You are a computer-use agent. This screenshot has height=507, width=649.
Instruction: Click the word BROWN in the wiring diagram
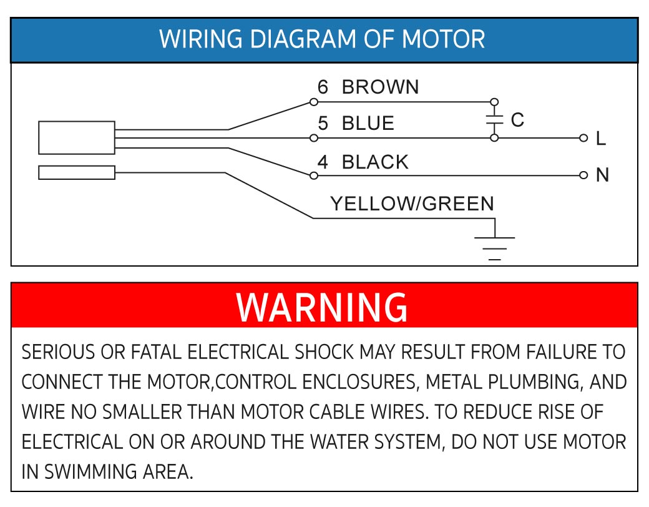[x=380, y=87]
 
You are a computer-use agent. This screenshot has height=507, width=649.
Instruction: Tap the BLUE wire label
[x=368, y=124]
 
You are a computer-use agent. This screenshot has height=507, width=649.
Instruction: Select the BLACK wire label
[x=375, y=162]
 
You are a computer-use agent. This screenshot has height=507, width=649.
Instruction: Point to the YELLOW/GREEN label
[x=412, y=204]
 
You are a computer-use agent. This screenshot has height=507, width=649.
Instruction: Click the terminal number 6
[x=323, y=87]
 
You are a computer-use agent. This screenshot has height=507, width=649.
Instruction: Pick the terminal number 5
[x=323, y=124]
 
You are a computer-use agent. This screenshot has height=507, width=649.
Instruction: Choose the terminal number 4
[x=323, y=162]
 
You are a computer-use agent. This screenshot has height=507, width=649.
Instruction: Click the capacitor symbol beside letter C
[x=494, y=120]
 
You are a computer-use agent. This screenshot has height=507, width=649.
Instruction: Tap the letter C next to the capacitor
[x=517, y=120]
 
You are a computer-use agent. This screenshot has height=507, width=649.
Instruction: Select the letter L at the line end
[x=600, y=139]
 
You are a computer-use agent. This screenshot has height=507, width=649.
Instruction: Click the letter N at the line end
[x=602, y=175]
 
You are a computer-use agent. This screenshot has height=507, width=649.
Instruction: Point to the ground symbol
[x=495, y=247]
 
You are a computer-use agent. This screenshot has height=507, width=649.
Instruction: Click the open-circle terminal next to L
[x=583, y=138]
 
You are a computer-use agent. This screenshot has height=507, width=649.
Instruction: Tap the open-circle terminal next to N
[x=583, y=175]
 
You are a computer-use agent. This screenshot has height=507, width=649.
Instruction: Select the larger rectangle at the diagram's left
[x=76, y=137]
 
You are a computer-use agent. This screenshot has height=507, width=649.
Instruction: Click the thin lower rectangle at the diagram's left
[x=76, y=172]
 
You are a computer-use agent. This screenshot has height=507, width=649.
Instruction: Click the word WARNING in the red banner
[x=322, y=307]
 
